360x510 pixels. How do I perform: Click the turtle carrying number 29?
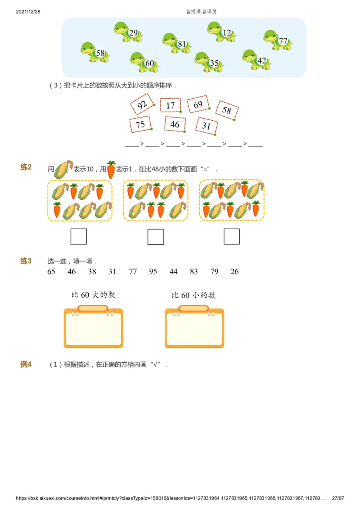[128, 32]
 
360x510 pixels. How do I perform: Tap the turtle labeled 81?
[176, 43]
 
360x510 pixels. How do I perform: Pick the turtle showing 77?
[277, 41]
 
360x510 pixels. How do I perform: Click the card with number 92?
[142, 105]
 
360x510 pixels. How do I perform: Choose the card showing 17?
[170, 105]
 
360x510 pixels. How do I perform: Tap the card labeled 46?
[175, 125]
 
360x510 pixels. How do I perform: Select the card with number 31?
[207, 126]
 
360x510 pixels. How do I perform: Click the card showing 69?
[198, 104]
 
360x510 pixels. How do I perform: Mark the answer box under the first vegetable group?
[79, 236]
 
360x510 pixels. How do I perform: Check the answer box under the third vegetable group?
[232, 236]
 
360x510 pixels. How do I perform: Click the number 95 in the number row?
[153, 271]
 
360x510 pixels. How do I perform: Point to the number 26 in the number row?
[234, 271]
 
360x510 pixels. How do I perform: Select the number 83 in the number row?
[194, 271]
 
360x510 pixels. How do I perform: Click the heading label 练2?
[26, 167]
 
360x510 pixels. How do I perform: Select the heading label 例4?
[26, 365]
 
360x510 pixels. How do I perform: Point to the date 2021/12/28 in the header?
[28, 12]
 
